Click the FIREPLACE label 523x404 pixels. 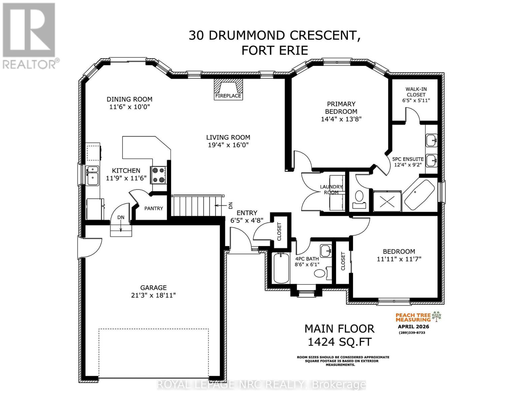pos(228,96)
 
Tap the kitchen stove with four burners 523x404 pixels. pos(159,175)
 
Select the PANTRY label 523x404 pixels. pos(154,208)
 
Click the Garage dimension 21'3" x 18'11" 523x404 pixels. pos(154,295)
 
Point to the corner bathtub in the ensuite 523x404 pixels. pos(419,195)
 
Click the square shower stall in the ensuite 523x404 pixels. pos(387,201)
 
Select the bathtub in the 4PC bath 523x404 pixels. pos(280,268)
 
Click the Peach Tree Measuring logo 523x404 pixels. pos(418,317)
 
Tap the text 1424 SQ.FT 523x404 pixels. pos(339,342)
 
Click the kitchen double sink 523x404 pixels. pos(92,175)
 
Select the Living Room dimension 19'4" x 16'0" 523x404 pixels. pos(228,145)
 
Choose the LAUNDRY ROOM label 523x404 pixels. pos(331,190)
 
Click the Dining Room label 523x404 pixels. pos(129,99)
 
